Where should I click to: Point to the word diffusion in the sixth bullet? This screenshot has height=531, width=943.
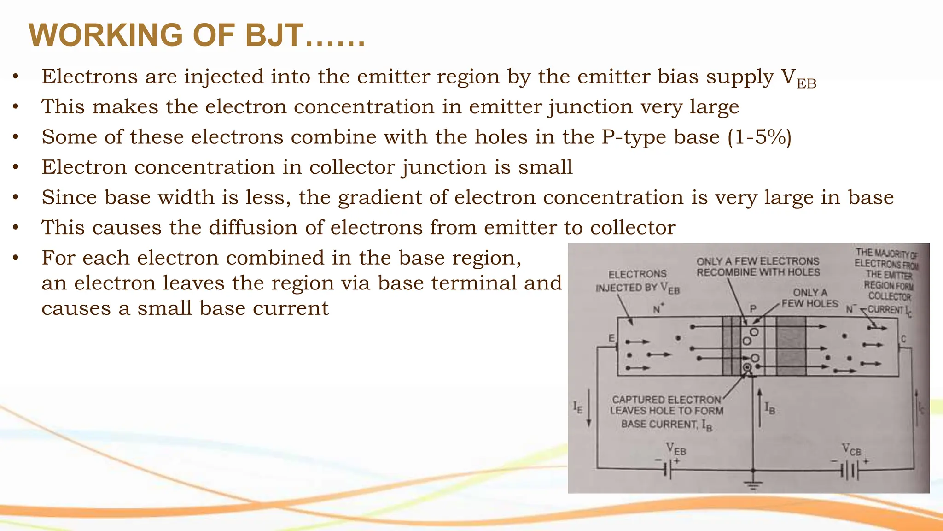[x=266, y=228]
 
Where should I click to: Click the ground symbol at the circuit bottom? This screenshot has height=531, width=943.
[x=753, y=484]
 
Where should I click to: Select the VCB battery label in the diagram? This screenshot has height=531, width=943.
[x=851, y=449]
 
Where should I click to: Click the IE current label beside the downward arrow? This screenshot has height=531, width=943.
[x=577, y=407]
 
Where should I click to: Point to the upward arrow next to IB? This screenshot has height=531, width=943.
[x=759, y=407]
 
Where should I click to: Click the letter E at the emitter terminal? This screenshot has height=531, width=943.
[x=611, y=338]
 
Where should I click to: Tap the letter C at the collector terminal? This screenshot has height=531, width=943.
[x=903, y=339]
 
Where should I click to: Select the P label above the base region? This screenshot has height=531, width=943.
[x=753, y=308]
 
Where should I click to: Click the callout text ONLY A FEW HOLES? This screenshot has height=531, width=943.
[x=810, y=298]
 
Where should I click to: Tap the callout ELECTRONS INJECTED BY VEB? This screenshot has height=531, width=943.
[x=637, y=281]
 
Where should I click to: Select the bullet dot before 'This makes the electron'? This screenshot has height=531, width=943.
[x=16, y=107]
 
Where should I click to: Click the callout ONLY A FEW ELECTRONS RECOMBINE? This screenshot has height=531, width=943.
[x=758, y=267]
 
